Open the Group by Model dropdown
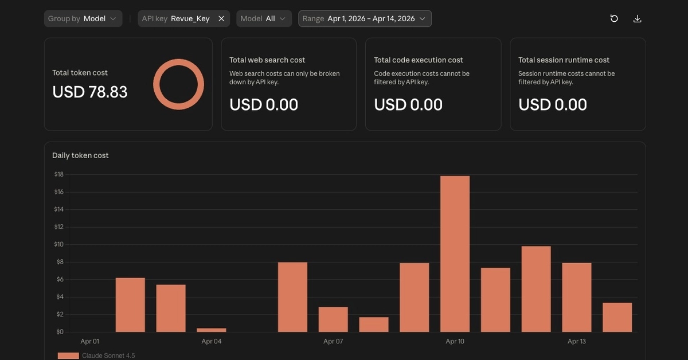click(83, 19)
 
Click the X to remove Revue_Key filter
click(221, 19)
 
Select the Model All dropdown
click(264, 19)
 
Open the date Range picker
click(365, 19)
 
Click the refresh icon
click(614, 19)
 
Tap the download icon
click(638, 19)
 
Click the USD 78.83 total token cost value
click(89, 92)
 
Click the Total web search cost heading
click(267, 60)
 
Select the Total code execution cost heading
click(419, 60)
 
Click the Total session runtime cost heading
click(564, 60)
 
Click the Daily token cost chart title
click(80, 155)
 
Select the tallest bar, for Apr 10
click(455, 254)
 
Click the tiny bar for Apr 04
click(212, 330)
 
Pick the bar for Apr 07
click(333, 319)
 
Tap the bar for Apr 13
click(577, 298)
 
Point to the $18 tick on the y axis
click(59, 174)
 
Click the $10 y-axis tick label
click(58, 245)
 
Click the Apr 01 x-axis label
click(89, 341)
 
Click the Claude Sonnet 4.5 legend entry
click(96, 355)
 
